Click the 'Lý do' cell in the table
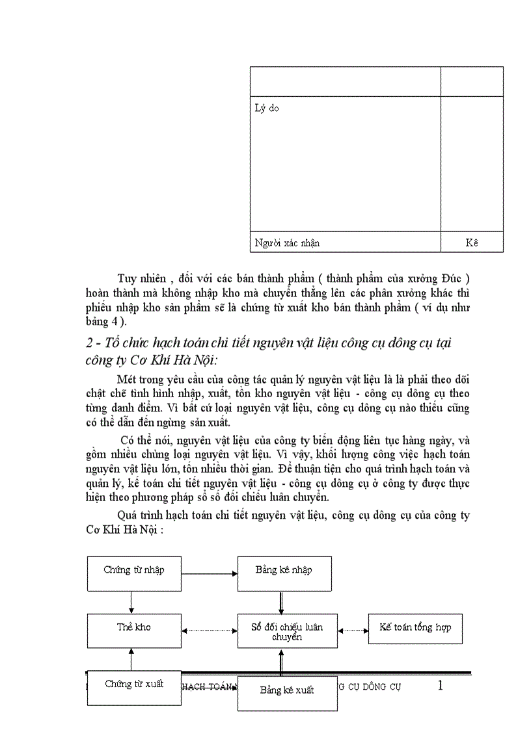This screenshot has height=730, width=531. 267,108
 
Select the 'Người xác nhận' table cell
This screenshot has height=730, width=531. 286,243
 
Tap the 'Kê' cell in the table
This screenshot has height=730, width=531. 472,243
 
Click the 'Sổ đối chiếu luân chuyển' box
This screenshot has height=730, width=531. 287,631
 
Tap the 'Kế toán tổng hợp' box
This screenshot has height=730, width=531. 415,628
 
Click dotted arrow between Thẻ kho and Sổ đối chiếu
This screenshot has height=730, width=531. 209,630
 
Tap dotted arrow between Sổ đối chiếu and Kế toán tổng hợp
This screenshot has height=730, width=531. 353,630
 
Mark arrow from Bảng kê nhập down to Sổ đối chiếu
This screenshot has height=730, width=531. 280,601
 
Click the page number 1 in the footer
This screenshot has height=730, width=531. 441,685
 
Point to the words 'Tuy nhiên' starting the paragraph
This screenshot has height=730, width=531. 138,280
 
